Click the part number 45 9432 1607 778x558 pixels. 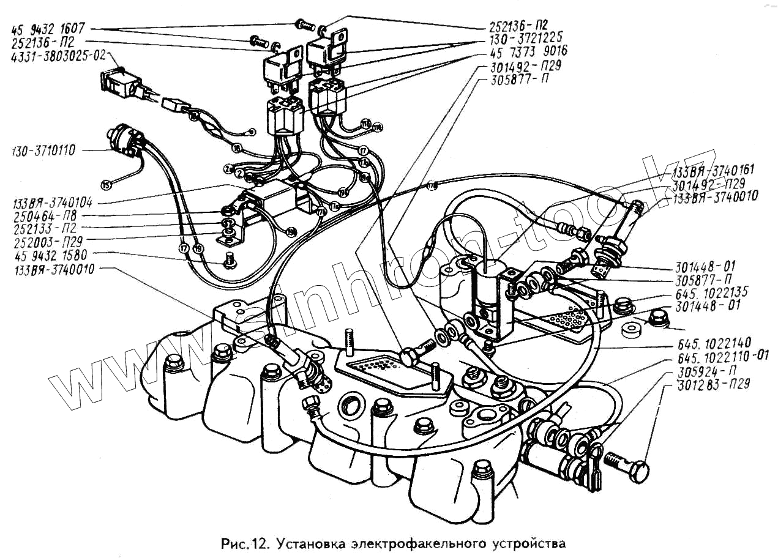48,29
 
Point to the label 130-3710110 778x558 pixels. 43,151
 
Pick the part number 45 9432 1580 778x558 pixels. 48,253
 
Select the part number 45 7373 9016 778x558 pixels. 528,52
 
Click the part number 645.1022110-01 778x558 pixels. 716,359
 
